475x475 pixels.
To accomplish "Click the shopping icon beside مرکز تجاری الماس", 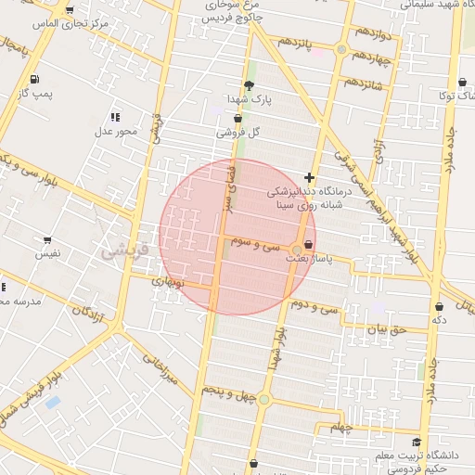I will tap(70, 11).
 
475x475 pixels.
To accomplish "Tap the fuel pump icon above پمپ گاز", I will tap(34, 79).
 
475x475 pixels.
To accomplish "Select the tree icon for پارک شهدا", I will tap(248, 84).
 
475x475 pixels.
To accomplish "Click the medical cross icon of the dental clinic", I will tap(309, 177).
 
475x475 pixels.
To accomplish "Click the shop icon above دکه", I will tap(438, 306).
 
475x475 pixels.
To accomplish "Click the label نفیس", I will tap(47, 252).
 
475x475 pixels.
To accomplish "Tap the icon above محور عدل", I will tap(115, 117).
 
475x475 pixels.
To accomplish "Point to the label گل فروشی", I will tap(238, 133).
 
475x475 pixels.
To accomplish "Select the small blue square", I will tap(53, 403).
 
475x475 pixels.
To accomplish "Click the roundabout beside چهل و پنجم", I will tap(264, 400).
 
